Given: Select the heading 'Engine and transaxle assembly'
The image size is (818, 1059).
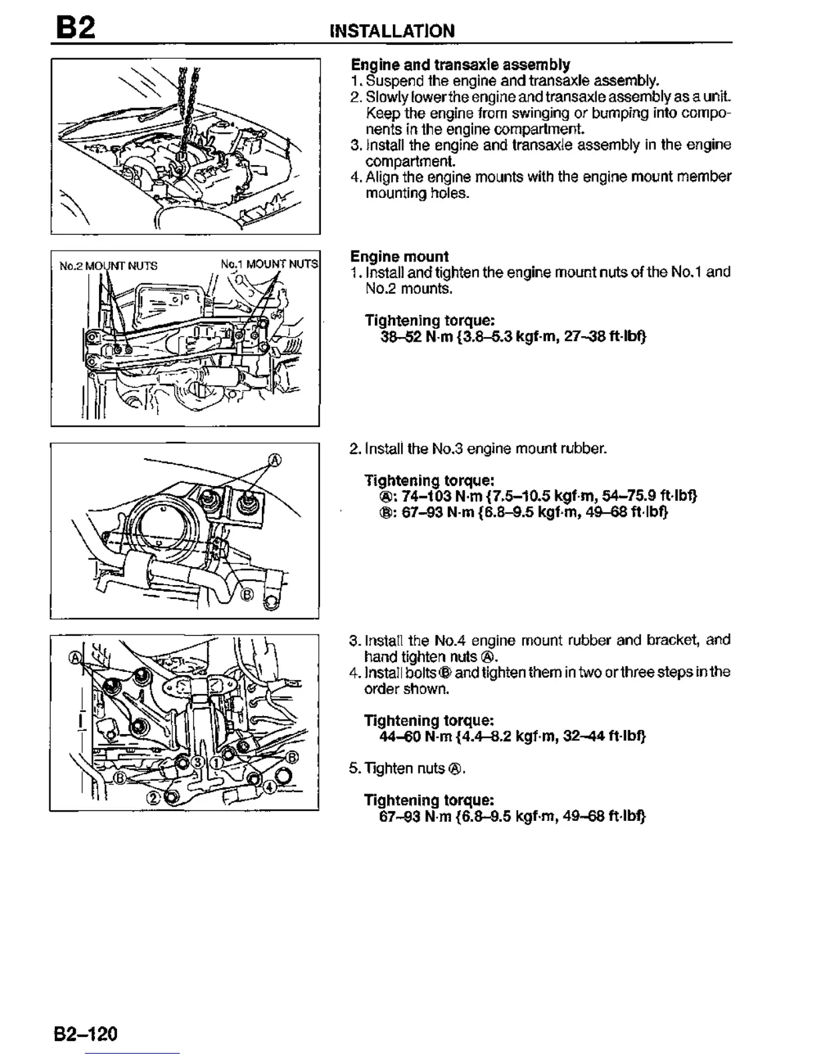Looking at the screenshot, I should [460, 65].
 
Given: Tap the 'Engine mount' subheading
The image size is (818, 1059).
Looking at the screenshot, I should [400, 256].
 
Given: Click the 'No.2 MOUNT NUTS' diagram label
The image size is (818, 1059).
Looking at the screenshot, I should [108, 265].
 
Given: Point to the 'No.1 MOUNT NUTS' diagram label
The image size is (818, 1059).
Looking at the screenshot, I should [269, 263].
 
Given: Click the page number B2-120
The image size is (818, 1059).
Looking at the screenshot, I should [86, 1034].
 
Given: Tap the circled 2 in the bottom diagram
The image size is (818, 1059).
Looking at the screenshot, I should [153, 798].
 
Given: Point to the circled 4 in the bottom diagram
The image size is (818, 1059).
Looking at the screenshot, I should [269, 786].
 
